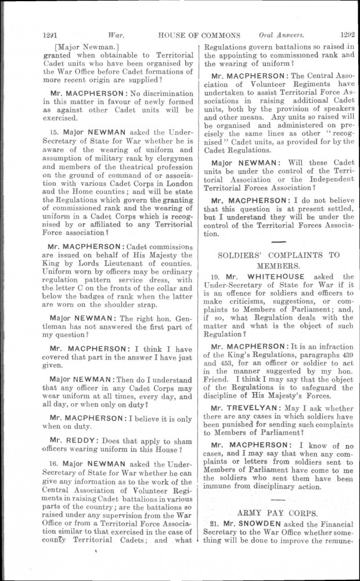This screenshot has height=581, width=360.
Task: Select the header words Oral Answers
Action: click(278, 34)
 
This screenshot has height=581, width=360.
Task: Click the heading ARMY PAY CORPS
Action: click(277, 513)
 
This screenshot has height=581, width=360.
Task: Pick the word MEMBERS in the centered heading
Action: click(278, 264)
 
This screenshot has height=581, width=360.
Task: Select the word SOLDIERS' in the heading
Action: click(241, 254)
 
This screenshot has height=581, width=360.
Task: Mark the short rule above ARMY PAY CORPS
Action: click(278, 500)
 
